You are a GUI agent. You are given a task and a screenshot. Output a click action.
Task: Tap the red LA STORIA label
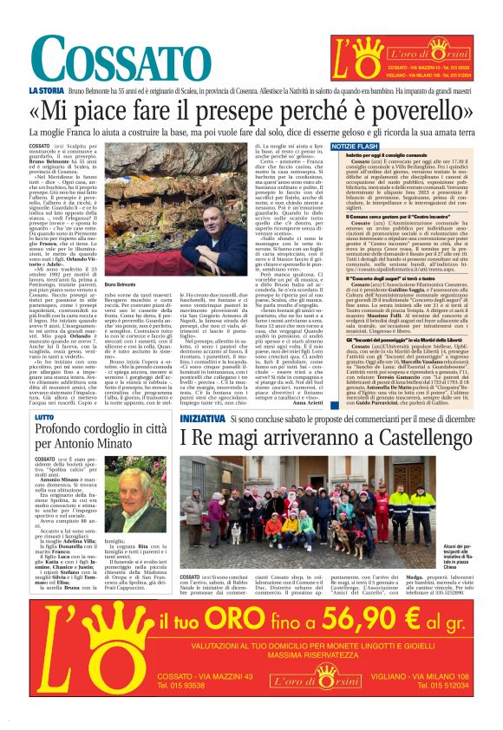tap(43, 90)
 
